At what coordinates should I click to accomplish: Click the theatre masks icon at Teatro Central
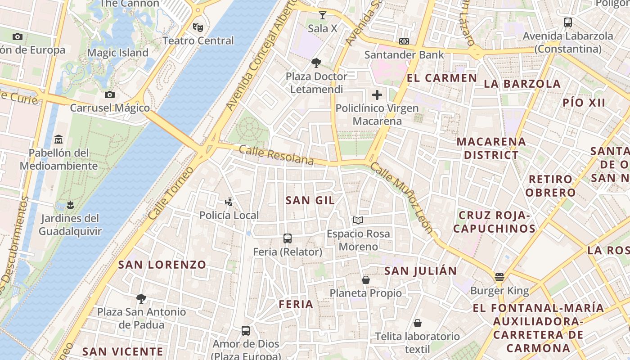[198, 27]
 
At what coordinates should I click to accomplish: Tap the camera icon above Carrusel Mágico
[109, 94]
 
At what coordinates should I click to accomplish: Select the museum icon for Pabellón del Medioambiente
[58, 139]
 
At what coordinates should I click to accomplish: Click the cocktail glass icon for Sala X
[322, 15]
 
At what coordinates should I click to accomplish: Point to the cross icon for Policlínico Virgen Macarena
[377, 95]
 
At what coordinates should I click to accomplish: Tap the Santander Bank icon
[404, 41]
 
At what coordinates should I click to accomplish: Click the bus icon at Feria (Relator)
[288, 238]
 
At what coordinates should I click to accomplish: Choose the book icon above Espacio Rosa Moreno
[358, 220]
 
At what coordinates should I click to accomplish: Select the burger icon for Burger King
[499, 277]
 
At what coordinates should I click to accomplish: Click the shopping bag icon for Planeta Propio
[366, 280]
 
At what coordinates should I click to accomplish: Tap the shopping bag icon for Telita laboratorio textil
[418, 323]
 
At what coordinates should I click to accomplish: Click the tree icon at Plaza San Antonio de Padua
[141, 298]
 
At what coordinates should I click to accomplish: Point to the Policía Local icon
[229, 202]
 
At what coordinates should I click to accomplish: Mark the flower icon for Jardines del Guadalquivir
[70, 205]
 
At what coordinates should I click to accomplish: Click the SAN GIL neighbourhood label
[310, 201]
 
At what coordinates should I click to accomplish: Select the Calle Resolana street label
[276, 155]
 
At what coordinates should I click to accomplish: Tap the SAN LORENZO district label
[162, 265]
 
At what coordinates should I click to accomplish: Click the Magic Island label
[117, 53]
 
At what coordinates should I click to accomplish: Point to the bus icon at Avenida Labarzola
[568, 22]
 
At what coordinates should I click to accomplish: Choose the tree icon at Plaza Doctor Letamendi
[316, 63]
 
